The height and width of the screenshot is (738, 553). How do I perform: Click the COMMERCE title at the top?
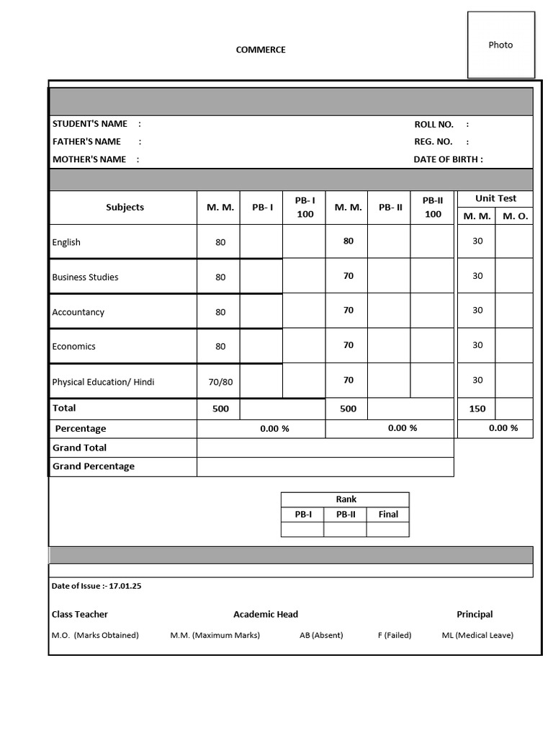(x=261, y=50)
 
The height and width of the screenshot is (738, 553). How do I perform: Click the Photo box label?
(x=500, y=45)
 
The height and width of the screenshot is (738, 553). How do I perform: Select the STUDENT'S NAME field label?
(x=90, y=124)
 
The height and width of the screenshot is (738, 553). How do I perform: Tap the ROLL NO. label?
(x=433, y=124)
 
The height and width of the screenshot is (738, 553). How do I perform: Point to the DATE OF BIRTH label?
(x=448, y=159)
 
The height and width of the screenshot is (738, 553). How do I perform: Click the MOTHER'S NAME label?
(x=89, y=159)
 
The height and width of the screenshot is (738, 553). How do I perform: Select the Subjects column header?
(x=125, y=207)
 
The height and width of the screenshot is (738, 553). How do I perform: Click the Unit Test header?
(x=495, y=198)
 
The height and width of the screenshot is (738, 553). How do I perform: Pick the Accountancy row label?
(x=78, y=312)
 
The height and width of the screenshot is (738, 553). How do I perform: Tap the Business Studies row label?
(x=85, y=277)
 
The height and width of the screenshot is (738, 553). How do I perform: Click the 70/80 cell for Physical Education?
(x=220, y=382)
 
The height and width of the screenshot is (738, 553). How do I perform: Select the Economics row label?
(x=73, y=346)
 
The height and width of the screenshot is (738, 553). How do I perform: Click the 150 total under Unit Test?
(x=477, y=409)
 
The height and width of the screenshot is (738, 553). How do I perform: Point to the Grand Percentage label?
(x=94, y=466)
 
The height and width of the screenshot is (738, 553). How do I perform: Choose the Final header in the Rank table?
(x=388, y=514)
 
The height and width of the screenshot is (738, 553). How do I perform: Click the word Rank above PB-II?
(x=346, y=499)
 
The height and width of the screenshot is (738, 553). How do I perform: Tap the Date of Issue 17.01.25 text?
(x=96, y=586)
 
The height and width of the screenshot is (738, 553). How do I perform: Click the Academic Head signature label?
(x=265, y=614)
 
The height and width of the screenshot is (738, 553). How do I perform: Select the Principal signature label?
(x=475, y=614)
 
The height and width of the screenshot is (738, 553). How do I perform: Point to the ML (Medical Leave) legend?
(x=477, y=635)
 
